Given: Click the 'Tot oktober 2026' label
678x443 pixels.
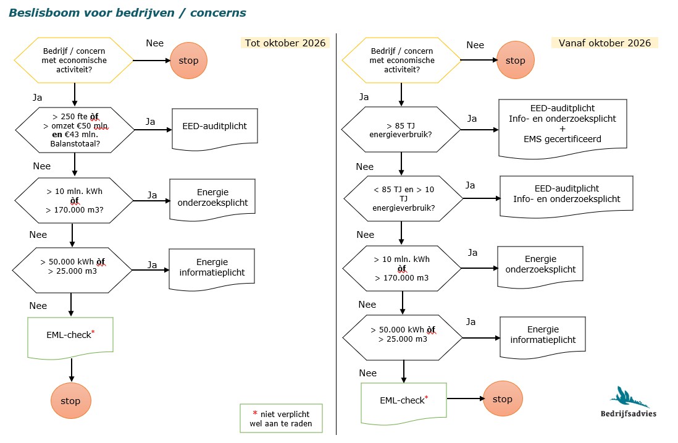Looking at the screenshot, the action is coord(285,43).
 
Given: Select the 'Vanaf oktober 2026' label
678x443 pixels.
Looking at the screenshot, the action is coord(605,43).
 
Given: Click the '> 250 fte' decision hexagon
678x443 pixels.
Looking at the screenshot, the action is coord(75,130).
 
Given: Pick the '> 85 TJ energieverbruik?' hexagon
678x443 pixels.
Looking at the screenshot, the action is coord(401,129).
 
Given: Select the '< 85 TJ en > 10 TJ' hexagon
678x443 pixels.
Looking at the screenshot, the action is coord(403,198).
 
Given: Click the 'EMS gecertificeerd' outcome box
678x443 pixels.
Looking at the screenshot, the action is coord(563,129).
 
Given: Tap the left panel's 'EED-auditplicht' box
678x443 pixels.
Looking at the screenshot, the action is coord(215,129).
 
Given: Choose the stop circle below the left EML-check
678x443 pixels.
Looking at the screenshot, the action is coord(71,400).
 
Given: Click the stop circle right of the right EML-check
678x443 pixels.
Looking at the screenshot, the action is coord(503,399).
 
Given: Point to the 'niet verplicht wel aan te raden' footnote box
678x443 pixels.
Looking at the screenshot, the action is coord(281,418).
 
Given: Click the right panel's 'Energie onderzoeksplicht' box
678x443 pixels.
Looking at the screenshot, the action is coord(540,266).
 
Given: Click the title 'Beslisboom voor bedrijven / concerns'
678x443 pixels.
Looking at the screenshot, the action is coord(128,12).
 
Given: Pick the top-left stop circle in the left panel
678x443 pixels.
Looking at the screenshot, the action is coord(188,61).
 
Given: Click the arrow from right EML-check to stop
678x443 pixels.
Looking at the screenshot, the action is coord(466,399).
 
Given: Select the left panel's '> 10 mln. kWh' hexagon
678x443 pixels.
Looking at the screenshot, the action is coord(74,200).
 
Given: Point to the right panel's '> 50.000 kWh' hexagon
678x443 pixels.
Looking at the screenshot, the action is coord(403,337).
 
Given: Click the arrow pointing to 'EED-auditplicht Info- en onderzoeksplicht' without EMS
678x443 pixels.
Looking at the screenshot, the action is coord(482,198).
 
